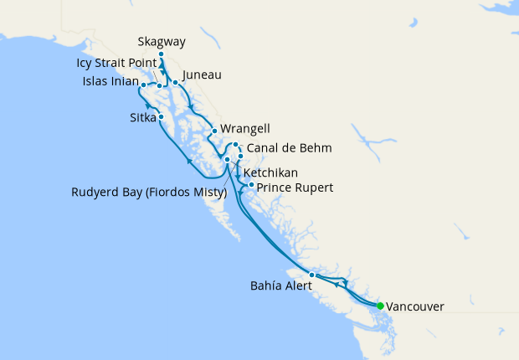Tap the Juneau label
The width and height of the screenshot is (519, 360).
pos(201,75)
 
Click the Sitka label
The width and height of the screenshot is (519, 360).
pos(143,117)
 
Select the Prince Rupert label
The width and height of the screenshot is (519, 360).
pos(295,188)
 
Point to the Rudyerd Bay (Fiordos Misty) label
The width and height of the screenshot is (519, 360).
pos(149,193)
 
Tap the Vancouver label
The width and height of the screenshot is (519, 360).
pos(415,306)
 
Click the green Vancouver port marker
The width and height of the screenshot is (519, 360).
pos(380,306)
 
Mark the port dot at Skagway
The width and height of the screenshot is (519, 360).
pos(161,54)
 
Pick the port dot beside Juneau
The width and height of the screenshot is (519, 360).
pos(175,82)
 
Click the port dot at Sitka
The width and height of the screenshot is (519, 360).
pos(161,117)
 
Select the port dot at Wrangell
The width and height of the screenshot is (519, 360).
pos(215,131)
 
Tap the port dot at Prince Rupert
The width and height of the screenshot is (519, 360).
pos(251,184)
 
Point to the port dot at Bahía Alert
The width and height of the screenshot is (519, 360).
pos(311,275)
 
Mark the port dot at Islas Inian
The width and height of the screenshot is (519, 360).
pos(144,85)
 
